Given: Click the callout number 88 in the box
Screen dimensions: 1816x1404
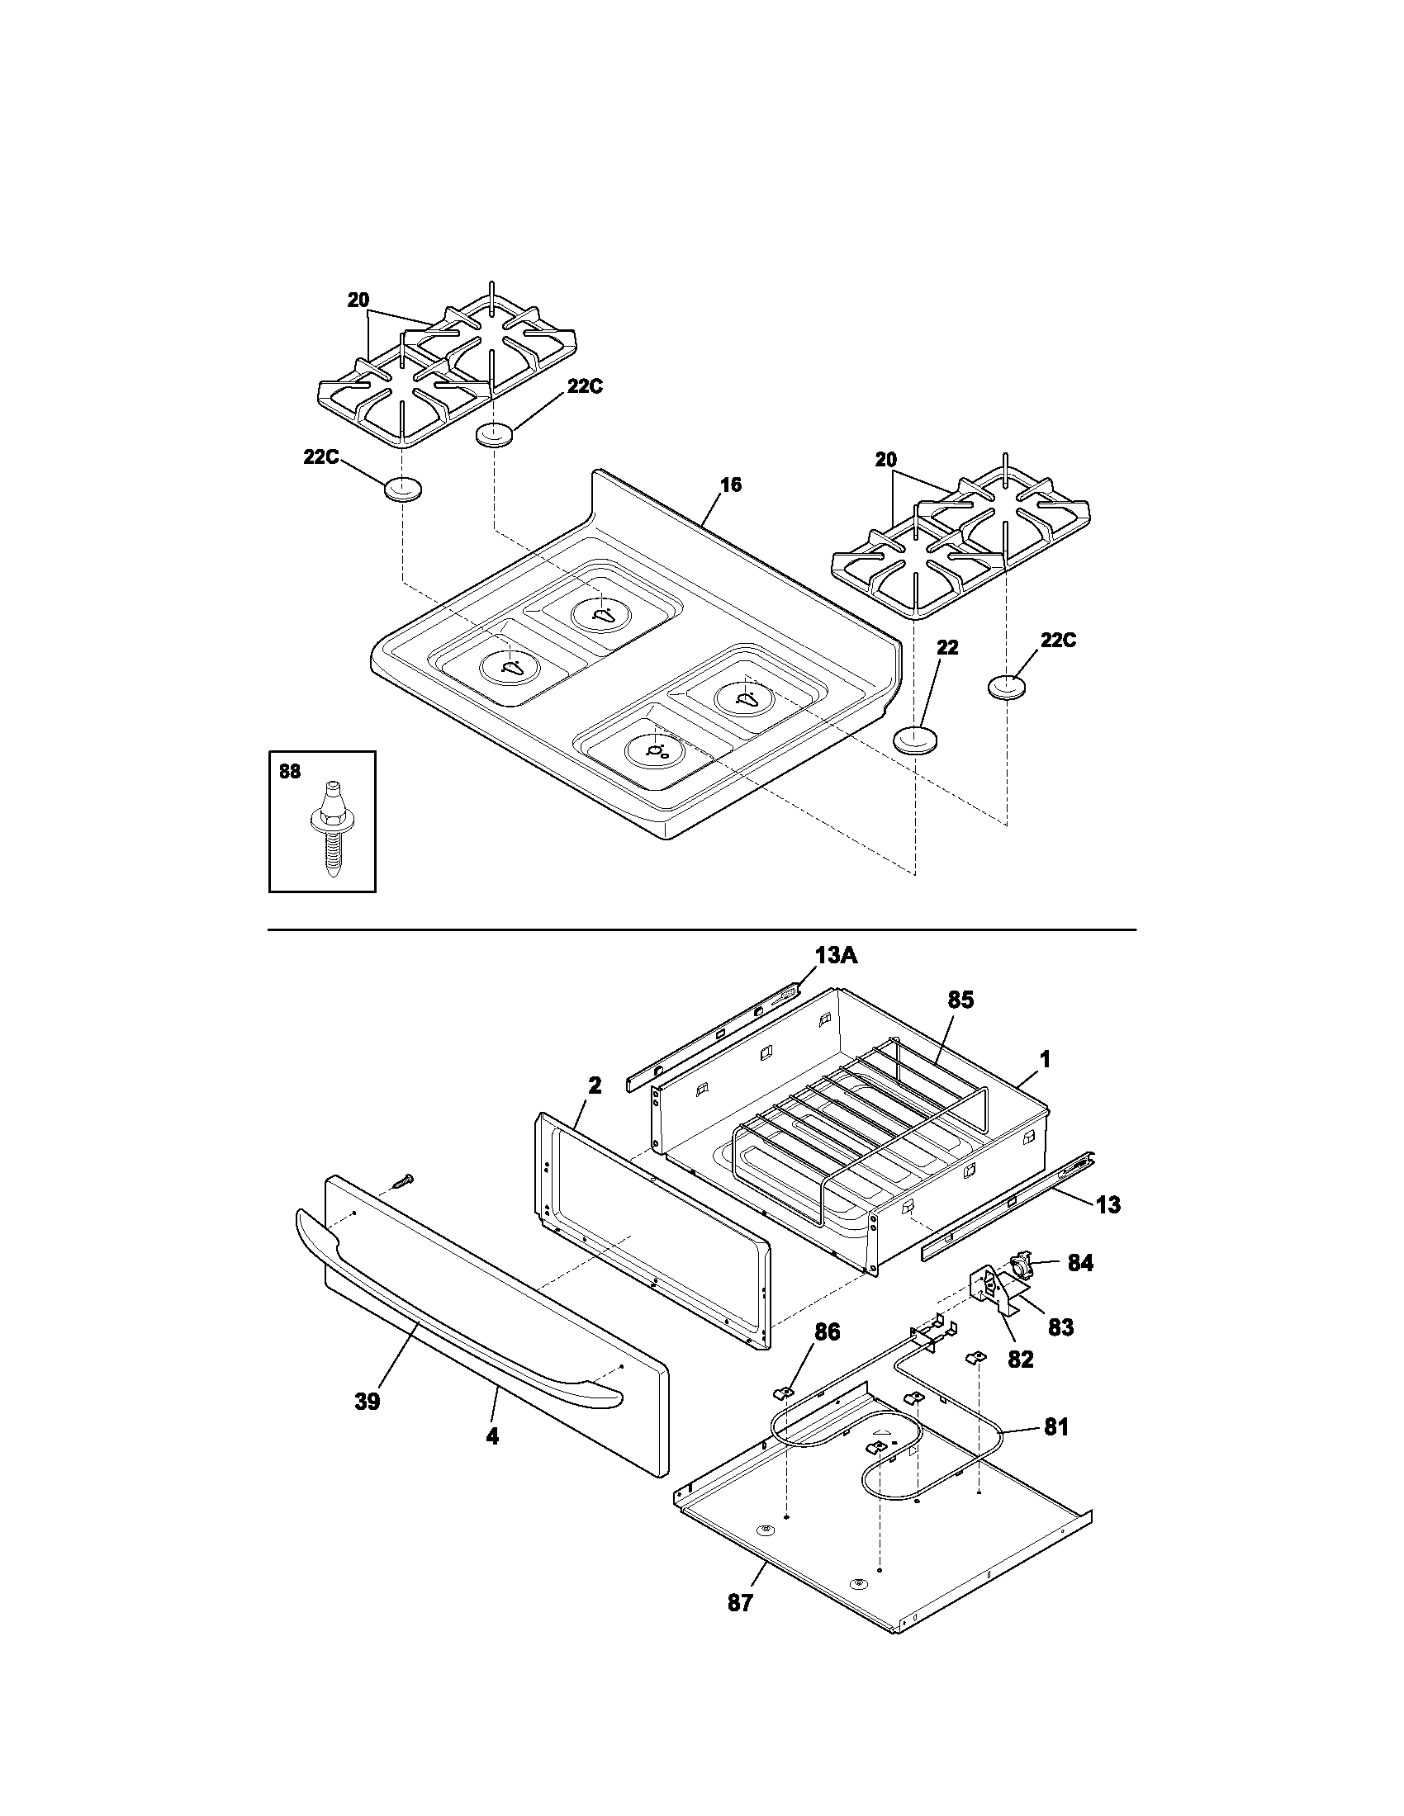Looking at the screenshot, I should (289, 772).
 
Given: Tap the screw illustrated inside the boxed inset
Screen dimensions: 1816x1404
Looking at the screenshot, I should (329, 830).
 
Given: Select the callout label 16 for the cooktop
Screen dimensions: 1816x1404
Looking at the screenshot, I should (730, 485).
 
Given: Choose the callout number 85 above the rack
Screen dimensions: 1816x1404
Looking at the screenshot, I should (960, 1000).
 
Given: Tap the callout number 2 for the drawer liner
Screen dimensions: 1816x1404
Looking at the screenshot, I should (595, 1085).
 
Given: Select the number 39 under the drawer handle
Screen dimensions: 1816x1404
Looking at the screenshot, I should (367, 1401).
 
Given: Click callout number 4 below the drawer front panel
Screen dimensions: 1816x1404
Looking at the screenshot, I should (492, 1436).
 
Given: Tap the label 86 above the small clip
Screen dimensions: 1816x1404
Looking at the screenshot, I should (826, 1332).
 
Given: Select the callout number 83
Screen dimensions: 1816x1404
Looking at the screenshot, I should (1060, 1327).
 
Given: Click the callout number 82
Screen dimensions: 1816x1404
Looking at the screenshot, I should (1021, 1359).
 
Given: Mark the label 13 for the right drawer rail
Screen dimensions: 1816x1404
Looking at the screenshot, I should (1108, 1204).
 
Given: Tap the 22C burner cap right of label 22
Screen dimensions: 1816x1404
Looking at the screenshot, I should (1008, 687).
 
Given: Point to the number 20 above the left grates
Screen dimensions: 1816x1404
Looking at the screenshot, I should (358, 300).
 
